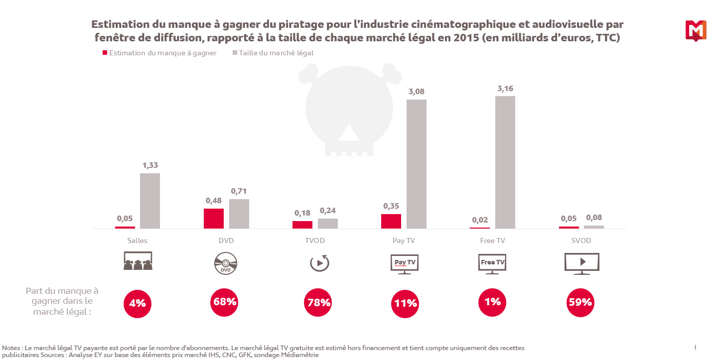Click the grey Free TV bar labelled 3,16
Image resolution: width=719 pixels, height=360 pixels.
coord(505,162)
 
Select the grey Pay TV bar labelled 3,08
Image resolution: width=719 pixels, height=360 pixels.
coord(416,164)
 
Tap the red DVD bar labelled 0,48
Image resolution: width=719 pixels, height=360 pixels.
coord(214,218)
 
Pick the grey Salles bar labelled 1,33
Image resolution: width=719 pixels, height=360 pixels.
coord(149,201)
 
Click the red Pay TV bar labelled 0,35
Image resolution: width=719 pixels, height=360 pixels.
coord(391,221)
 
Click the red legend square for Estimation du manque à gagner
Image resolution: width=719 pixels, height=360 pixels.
coord(105,53)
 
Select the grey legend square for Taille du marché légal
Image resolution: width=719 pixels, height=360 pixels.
coord(234,53)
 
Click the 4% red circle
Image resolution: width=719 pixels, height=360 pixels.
coord(137,302)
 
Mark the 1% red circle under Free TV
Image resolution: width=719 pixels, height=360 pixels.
coord(493,302)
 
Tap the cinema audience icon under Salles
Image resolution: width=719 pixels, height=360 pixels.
coord(138,261)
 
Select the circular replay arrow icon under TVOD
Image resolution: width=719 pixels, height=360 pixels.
coord(319,262)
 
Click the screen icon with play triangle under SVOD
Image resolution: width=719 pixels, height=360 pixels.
coord(581,262)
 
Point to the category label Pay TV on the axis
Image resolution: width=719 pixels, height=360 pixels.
coord(404,240)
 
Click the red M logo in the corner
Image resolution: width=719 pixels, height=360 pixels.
coord(696,30)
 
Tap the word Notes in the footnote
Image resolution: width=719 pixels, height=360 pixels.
coord(11,348)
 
